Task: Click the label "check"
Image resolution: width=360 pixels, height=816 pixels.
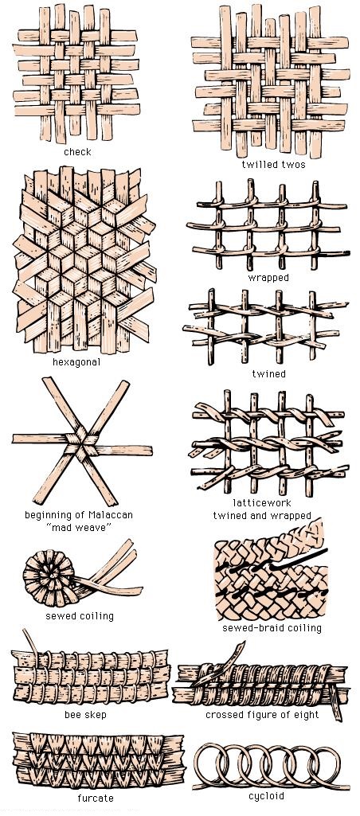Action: click(77, 152)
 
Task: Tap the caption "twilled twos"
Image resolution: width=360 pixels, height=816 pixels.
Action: click(273, 165)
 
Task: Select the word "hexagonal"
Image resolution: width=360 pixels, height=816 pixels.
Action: click(76, 361)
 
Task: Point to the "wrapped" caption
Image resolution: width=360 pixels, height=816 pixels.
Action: click(268, 278)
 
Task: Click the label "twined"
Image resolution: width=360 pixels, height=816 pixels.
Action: click(268, 373)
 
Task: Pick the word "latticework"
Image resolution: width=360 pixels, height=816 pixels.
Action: click(262, 502)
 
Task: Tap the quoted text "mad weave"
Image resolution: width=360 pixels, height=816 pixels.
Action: click(79, 529)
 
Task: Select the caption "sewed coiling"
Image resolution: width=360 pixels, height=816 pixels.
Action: click(79, 616)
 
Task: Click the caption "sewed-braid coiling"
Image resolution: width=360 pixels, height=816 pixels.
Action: click(272, 627)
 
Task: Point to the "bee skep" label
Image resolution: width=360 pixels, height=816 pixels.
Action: click(85, 715)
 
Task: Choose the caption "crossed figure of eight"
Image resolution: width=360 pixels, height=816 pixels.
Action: click(262, 715)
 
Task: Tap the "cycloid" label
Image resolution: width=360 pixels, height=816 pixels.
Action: click(266, 796)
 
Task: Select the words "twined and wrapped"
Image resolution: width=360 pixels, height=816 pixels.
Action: click(261, 516)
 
